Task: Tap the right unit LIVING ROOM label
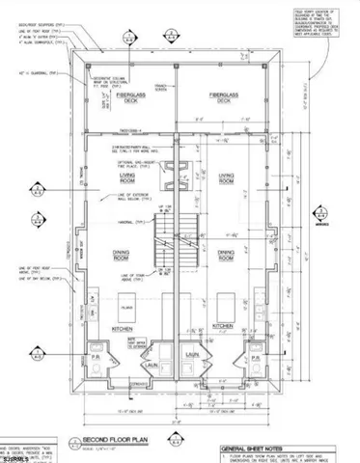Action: (230, 177)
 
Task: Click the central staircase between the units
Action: (180, 241)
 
